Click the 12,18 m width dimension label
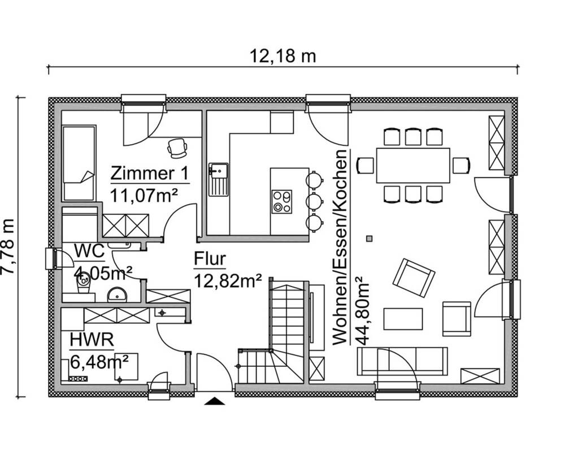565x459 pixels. pos(282,57)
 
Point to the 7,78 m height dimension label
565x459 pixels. pos(8,247)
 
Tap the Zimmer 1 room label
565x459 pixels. pos(150,174)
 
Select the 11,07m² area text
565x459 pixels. pos(144,196)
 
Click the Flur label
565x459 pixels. pos(210,259)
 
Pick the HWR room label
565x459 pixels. pos(92,340)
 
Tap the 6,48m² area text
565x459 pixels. pos(100,362)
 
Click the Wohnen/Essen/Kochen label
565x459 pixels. pos(340,248)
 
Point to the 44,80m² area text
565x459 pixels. pos(362,310)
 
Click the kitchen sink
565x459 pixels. pos(218,180)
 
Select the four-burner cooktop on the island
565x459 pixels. pos(282,202)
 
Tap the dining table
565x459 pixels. pos(413,165)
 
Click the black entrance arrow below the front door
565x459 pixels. pos(215,401)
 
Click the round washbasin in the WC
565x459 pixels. pos(117,295)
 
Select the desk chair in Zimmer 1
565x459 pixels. pos(177,148)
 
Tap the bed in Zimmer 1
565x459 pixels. pos(79,163)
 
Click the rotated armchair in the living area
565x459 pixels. pos(414,278)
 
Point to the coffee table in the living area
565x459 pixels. pos(403,319)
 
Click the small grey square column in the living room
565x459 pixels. pos(369,239)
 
